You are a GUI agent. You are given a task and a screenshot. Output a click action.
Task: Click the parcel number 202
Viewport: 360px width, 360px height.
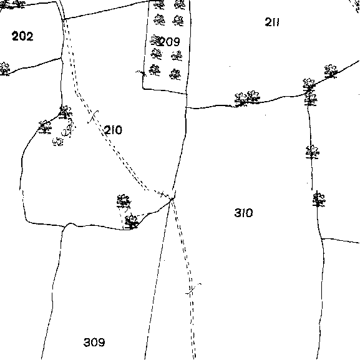pos(22,36)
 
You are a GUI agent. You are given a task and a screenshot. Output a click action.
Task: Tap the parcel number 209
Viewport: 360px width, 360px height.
pos(170,42)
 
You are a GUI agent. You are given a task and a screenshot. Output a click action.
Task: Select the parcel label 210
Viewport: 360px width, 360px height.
pos(113,130)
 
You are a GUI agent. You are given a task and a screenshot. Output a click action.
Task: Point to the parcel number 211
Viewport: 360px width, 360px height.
pos(272,22)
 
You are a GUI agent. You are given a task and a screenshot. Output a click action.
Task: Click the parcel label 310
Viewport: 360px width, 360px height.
pos(243,213)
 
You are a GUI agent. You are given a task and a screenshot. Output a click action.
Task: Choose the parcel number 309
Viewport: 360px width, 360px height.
pos(94,343)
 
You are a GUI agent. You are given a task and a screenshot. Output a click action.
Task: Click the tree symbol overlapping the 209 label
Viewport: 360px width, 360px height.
pos(155,41)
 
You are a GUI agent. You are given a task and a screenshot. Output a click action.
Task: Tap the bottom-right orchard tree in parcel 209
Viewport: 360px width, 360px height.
pos(175,74)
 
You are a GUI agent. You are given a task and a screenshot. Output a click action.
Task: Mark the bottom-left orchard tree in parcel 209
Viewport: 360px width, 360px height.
pos(155,71)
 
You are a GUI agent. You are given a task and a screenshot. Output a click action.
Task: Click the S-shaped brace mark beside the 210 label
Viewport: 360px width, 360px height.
pos(93,117)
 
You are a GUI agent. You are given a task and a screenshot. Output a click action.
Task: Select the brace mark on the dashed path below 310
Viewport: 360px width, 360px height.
pos(193,289)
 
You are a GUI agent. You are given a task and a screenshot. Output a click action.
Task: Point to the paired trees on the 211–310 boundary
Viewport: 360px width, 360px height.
pos(247,98)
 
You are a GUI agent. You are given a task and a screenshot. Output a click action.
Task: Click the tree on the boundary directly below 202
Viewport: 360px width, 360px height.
pos(4,69)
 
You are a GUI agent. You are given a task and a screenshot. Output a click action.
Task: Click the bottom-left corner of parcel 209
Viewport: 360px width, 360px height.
pos(143,89)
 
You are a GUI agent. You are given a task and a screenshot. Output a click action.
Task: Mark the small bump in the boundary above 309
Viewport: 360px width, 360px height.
pos(71,224)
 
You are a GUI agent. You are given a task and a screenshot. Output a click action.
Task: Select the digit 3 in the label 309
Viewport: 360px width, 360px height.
pos(87,343)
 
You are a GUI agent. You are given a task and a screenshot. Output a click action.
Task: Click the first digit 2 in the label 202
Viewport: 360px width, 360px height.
pos(15,36)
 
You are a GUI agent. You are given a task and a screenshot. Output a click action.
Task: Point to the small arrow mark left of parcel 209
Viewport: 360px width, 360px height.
pos(141,73)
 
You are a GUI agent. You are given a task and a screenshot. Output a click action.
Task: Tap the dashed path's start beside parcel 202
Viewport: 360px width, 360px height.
pos(64,20)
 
